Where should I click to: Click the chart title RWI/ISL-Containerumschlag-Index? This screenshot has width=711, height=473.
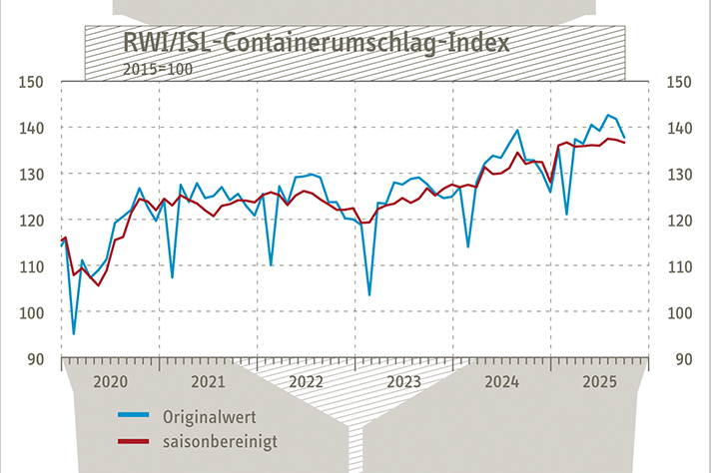316,44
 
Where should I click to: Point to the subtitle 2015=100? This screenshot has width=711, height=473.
157,69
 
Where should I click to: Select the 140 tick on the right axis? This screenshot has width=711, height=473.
680,128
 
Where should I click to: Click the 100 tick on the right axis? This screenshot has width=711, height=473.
680,312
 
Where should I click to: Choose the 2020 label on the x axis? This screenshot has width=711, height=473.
109,382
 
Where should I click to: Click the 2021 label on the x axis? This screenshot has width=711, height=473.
207,382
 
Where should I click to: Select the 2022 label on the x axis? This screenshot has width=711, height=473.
306,382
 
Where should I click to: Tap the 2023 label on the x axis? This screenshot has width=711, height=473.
403,382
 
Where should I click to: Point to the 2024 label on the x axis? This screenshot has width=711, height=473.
501,382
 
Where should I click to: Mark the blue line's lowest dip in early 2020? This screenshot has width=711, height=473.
73,333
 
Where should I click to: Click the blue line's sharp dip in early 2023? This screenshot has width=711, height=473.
369,295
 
